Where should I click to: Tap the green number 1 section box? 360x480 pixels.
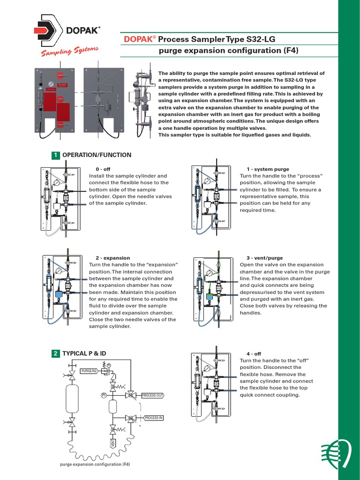click(55, 155)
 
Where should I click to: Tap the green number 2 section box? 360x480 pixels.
click(55, 353)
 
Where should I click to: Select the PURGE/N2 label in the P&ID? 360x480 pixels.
click(89, 371)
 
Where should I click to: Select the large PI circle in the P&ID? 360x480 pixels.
click(104, 395)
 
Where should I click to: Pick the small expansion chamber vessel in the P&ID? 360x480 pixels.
click(112, 406)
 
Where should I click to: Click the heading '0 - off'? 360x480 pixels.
click(103, 169)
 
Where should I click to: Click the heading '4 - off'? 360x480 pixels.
click(254, 353)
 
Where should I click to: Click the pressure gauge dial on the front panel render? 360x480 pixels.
click(50, 85)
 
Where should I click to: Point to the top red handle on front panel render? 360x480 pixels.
click(60, 75)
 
